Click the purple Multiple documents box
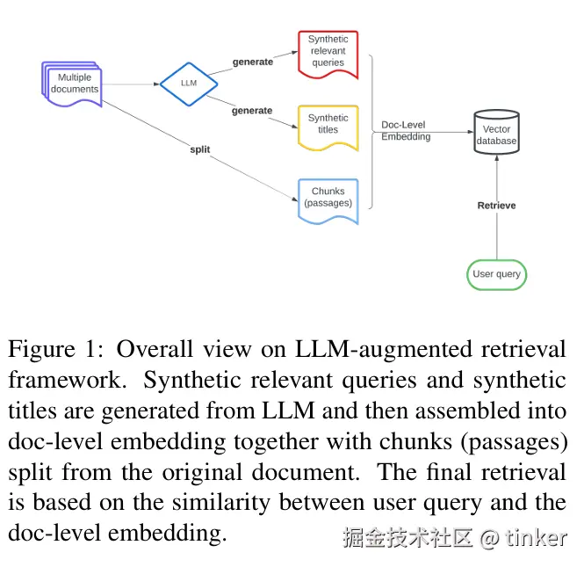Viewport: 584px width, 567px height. [73, 84]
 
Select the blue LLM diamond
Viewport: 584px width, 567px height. [188, 84]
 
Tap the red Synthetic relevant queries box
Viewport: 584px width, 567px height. [328, 52]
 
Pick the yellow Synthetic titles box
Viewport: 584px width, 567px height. [328, 124]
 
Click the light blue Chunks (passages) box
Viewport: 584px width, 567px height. [328, 198]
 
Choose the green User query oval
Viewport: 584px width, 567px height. [496, 274]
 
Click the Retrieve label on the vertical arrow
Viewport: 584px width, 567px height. [496, 206]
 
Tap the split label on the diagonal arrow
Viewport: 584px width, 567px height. [200, 149]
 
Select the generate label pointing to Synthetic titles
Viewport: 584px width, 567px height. [252, 111]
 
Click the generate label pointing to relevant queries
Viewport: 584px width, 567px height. [252, 62]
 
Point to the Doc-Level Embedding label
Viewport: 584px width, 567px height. [406, 131]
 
